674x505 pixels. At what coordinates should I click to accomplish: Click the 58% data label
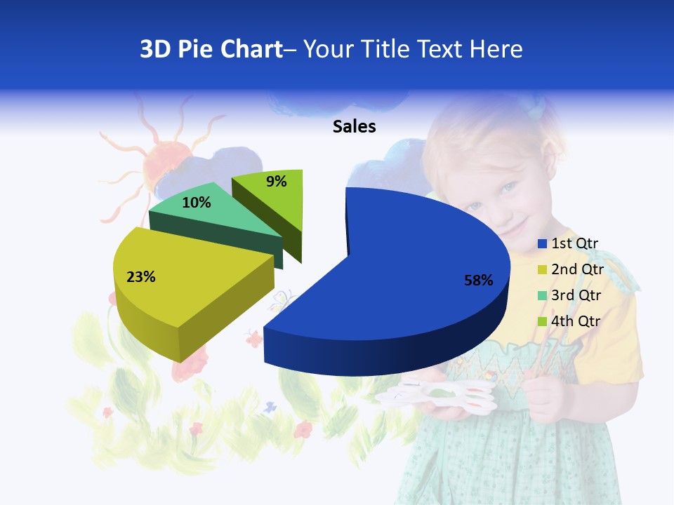(x=479, y=281)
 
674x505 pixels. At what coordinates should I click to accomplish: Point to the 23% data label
(x=141, y=277)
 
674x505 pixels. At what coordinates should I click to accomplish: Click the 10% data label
(x=197, y=203)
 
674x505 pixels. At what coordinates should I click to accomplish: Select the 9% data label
(x=277, y=182)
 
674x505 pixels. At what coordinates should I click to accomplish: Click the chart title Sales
(x=355, y=126)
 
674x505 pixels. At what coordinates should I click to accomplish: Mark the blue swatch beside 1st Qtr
(x=542, y=244)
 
